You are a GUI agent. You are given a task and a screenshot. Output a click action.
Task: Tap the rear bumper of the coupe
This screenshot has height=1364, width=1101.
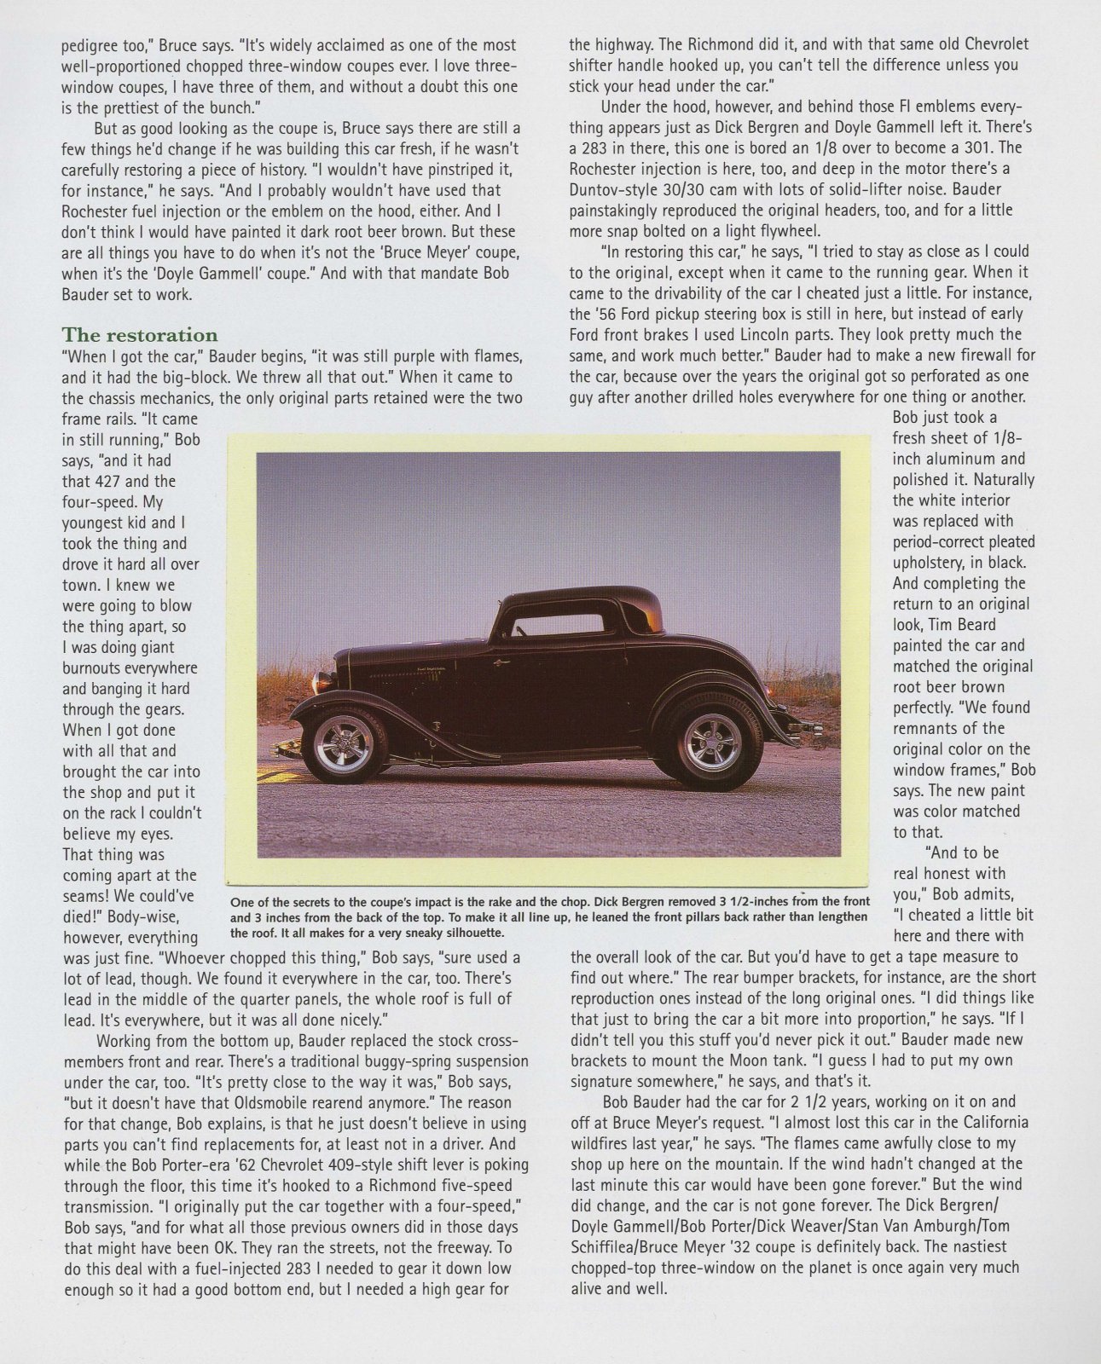click(x=806, y=729)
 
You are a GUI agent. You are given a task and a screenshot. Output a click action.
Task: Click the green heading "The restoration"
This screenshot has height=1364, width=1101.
click(x=140, y=334)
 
